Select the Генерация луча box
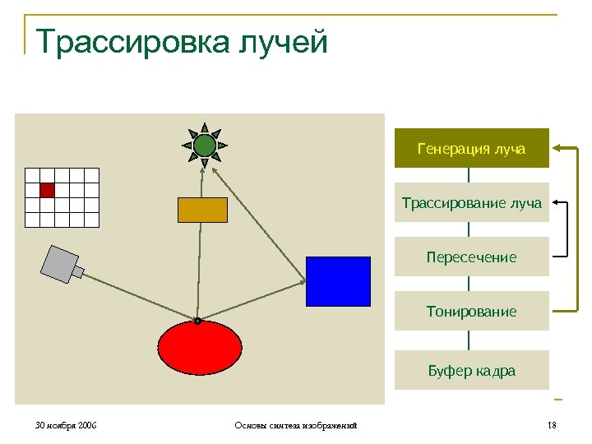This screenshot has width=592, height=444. [x=471, y=149]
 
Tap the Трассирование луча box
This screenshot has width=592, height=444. [x=471, y=203]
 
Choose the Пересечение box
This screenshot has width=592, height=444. [x=471, y=257]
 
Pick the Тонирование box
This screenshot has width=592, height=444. [x=471, y=312]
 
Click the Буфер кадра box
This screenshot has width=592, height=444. [x=471, y=370]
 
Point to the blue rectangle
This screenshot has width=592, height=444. [x=338, y=281]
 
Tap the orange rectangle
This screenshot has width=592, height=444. [x=202, y=210]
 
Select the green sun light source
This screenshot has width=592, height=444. [x=205, y=146]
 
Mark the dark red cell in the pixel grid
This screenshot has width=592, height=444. [x=47, y=190]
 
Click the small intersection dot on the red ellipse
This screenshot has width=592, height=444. [x=198, y=321]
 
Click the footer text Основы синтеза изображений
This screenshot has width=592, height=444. [x=295, y=425]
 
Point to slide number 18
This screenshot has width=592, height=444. [x=552, y=425]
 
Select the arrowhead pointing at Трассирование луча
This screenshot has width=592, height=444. [x=557, y=202]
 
